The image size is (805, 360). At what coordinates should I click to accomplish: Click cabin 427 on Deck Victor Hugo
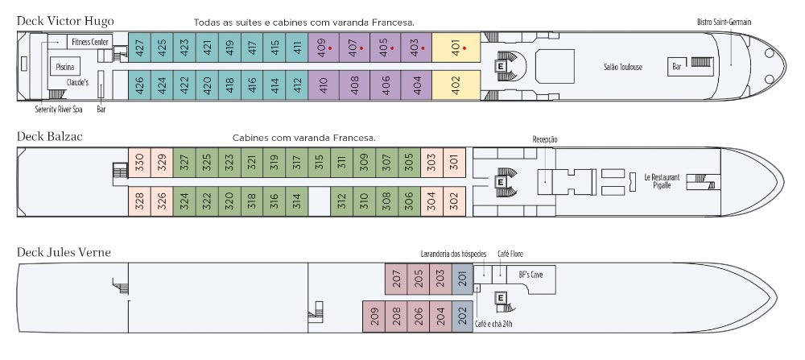(x=140, y=48)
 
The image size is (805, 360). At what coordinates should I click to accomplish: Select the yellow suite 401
(x=456, y=48)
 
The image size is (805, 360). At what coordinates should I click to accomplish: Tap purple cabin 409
(x=322, y=48)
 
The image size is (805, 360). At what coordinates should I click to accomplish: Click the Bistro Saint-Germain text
(x=724, y=22)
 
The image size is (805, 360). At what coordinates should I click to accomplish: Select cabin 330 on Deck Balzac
(x=139, y=164)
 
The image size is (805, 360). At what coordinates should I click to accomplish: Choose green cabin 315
(x=319, y=164)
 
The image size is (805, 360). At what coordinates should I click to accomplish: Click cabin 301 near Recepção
(x=454, y=164)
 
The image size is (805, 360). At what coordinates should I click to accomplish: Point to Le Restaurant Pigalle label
(x=662, y=180)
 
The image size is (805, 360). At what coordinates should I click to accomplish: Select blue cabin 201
(x=462, y=279)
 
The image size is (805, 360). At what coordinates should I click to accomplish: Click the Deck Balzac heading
(x=50, y=137)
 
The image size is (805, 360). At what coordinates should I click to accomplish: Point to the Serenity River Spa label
(x=58, y=109)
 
